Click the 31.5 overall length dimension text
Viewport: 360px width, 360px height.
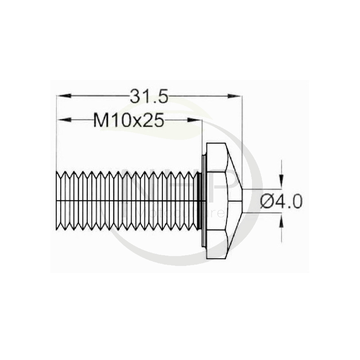148,96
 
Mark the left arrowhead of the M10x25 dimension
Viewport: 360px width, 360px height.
62,120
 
